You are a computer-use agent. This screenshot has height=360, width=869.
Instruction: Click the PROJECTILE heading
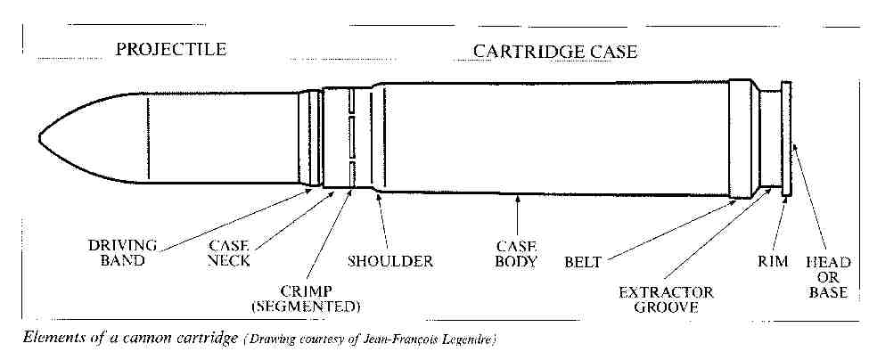point(170,49)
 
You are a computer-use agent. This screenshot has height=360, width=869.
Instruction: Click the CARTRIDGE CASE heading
point(554,51)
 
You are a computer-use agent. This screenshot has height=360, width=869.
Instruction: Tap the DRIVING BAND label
point(123,252)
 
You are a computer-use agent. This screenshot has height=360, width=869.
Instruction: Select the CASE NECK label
point(229,252)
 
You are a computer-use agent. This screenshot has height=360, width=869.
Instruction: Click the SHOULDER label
point(389,261)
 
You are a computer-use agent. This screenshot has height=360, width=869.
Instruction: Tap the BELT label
point(584,262)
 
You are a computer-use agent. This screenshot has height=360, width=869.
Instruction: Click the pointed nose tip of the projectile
point(41,138)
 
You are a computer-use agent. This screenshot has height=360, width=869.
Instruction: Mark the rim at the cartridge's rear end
point(786,138)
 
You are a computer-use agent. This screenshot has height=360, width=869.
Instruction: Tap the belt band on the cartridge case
point(741,138)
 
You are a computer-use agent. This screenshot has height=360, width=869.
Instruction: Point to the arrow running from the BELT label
point(668,229)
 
